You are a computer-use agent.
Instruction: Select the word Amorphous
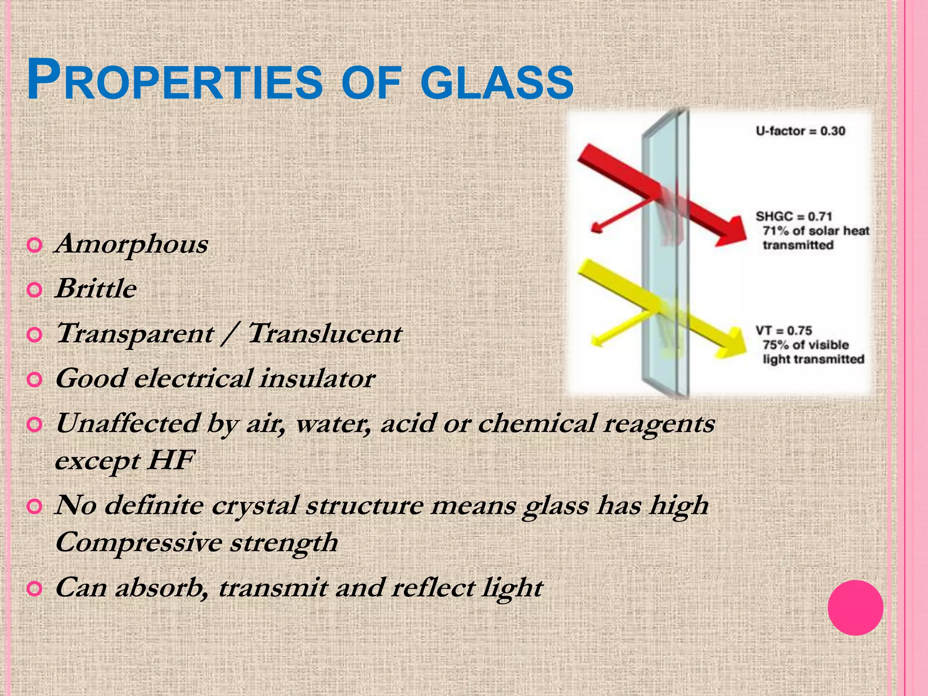tap(131, 244)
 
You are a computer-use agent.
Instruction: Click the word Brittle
tap(96, 289)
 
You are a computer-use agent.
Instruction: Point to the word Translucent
tap(324, 333)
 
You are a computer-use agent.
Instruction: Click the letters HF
tap(171, 460)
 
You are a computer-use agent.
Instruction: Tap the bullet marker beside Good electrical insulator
tap(35, 379)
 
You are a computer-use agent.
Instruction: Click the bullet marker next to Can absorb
tap(35, 589)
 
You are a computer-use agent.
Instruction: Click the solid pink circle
tap(855, 608)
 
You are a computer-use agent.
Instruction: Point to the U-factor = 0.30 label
tap(800, 131)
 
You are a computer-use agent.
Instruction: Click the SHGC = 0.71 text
tap(793, 217)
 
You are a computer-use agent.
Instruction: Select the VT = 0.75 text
tap(783, 331)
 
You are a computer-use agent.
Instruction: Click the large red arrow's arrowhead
tap(730, 231)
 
